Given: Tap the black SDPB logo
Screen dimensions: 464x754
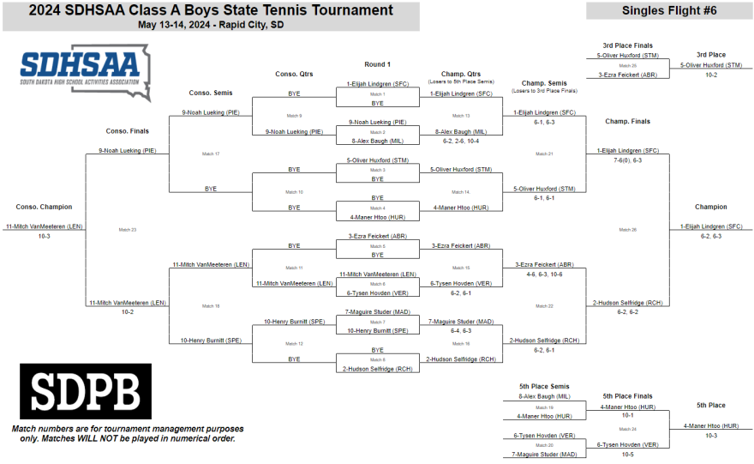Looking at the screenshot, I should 85,392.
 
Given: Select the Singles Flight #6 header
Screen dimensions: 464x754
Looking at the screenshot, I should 668,10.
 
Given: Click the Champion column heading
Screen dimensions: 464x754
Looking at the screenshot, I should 711,207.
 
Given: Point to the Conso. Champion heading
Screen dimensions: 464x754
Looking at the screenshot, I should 44,207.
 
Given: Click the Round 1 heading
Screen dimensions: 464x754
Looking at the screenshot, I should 377,64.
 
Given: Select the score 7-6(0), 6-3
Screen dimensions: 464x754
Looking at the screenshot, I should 628,160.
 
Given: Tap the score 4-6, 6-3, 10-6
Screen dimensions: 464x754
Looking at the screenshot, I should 545,274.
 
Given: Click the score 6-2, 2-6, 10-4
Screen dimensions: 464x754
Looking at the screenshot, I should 461,141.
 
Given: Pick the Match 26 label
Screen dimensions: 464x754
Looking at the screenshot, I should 628,229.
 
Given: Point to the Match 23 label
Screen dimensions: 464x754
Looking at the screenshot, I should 128,229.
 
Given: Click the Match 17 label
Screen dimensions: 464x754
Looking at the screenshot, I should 211,154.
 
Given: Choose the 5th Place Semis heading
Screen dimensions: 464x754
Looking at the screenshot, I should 544,386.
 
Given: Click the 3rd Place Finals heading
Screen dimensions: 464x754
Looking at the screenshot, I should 627,45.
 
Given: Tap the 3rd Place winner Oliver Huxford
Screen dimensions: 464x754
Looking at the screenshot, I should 711,65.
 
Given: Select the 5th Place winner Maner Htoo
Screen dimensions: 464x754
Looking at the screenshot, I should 711,425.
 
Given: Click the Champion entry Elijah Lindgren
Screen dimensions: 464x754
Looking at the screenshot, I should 711,226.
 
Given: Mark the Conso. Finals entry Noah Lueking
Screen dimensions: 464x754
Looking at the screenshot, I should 127,150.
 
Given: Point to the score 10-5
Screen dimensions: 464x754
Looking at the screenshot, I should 628,455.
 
